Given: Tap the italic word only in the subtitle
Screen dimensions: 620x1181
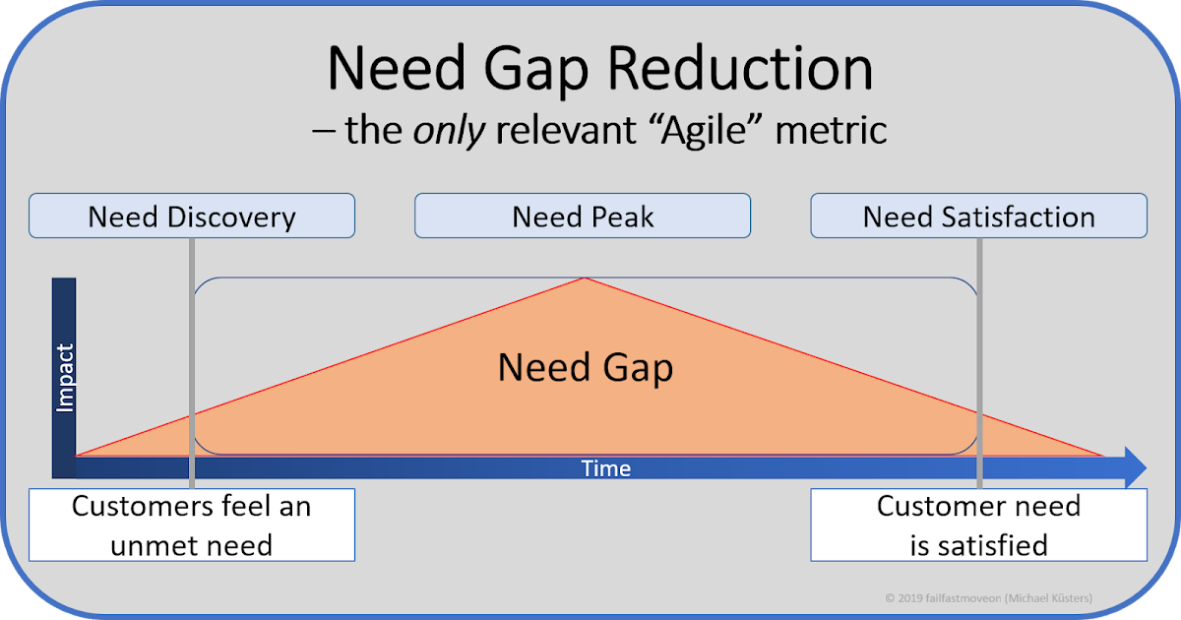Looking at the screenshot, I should (449, 130).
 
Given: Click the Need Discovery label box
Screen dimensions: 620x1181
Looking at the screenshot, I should (192, 216).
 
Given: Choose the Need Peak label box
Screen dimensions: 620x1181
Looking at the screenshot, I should (583, 216).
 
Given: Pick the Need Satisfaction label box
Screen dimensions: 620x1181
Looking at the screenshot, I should (978, 216).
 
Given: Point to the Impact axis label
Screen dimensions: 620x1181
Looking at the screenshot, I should (65, 377).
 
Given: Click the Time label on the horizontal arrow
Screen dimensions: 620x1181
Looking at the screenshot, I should (606, 468).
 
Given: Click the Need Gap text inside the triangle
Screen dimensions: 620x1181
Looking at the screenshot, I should (586, 367).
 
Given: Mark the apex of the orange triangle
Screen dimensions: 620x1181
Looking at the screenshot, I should (586, 279).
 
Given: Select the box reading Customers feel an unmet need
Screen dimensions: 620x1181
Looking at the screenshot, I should (192, 525).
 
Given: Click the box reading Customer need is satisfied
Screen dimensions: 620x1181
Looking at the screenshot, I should (978, 525).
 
